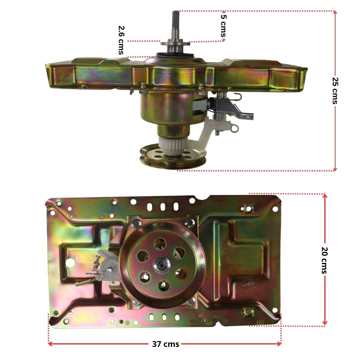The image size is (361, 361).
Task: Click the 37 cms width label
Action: click(165, 344)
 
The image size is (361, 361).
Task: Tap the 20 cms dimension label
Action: click(325, 260)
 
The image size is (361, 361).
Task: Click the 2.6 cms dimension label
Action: click(122, 40)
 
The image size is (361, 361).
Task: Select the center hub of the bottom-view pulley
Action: click(162, 266)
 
